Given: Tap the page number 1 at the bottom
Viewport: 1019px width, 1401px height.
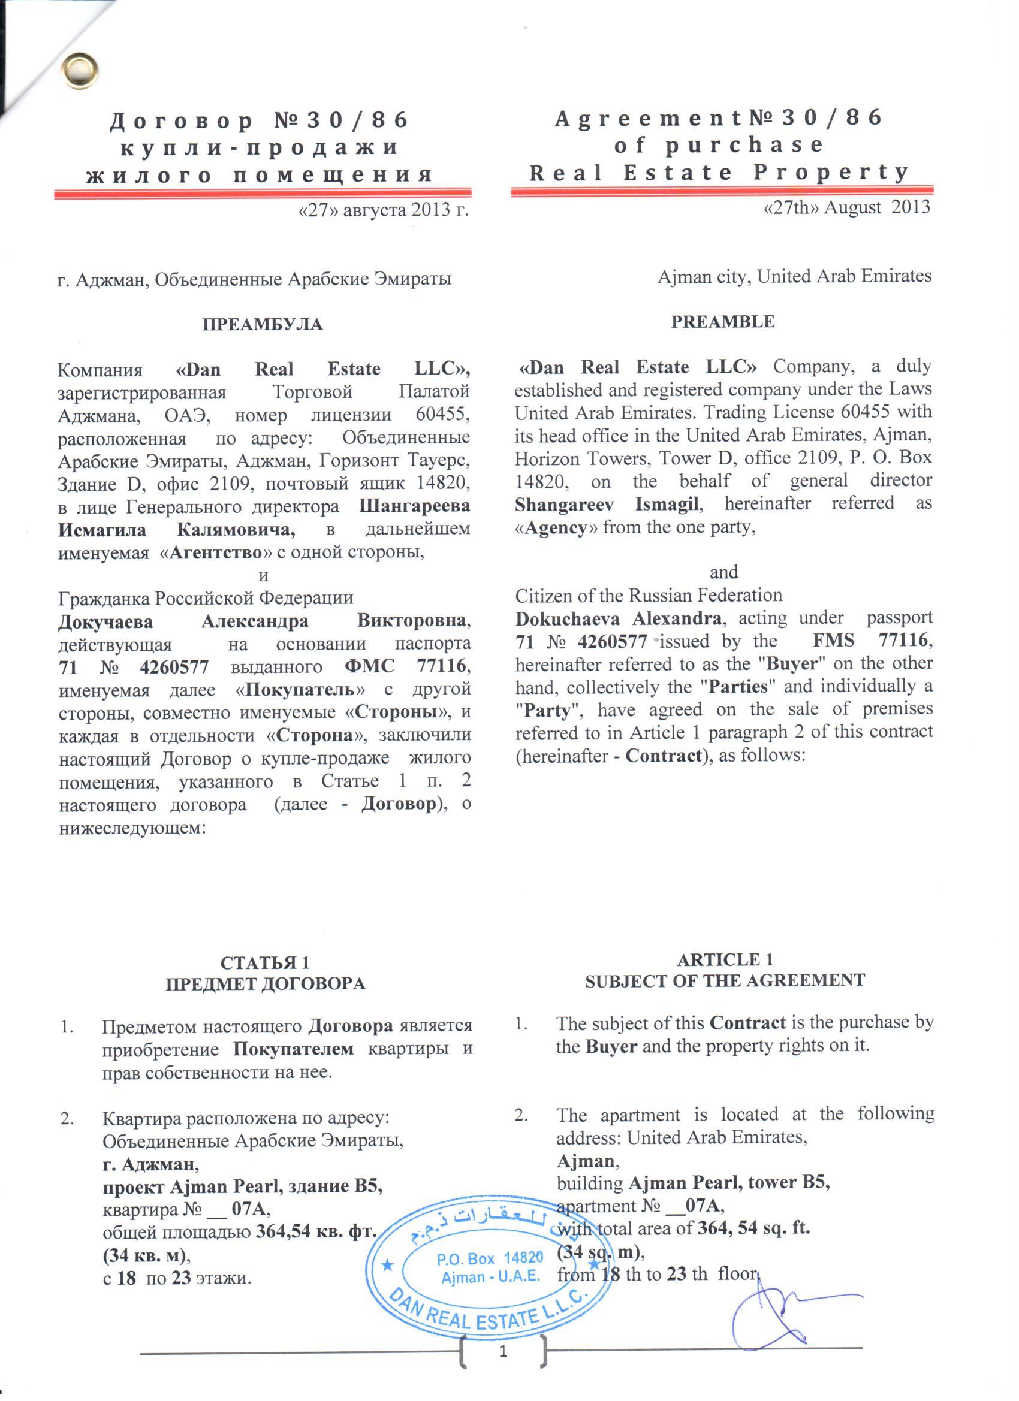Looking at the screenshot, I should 503,1352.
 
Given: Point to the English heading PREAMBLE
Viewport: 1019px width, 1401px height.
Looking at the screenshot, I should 722,322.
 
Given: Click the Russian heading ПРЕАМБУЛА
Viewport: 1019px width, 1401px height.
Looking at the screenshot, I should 262,324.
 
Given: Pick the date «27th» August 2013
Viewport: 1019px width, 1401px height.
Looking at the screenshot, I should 846,207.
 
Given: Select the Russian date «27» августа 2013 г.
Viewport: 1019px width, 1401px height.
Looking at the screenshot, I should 383,210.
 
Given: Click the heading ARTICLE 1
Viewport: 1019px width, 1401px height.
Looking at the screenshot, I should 724,959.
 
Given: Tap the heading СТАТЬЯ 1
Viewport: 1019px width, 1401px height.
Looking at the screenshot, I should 264,962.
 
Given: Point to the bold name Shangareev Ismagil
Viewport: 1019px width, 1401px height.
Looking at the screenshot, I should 607,504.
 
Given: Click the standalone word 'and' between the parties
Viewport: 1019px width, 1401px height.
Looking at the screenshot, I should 723,572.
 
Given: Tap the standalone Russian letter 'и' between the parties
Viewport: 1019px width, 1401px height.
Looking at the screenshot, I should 263,576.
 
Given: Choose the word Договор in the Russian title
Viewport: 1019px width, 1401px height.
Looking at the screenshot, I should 181,120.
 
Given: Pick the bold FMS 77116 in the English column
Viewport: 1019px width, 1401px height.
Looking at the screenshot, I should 870,640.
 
